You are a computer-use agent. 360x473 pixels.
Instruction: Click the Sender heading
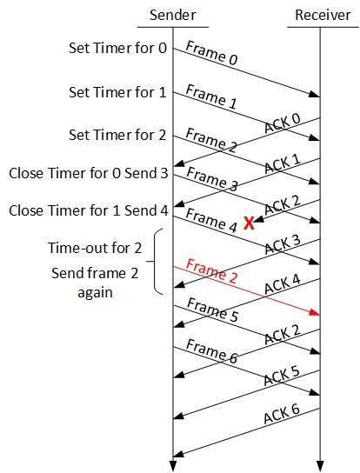[173, 15]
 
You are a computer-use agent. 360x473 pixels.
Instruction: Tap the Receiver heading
[323, 15]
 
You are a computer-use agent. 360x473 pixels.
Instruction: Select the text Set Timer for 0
[117, 48]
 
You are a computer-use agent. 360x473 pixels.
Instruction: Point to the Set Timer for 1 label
[117, 92]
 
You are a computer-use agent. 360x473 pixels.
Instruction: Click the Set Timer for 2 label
[117, 135]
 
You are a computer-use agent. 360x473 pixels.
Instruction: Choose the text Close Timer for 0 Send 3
[89, 173]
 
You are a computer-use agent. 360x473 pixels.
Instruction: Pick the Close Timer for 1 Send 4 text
[89, 210]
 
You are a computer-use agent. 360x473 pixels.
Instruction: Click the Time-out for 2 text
[95, 248]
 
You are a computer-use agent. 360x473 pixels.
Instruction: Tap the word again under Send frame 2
[95, 293]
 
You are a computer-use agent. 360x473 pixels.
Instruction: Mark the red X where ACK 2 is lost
[249, 223]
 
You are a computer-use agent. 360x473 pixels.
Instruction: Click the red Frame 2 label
[212, 271]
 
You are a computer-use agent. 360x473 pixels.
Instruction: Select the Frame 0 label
[212, 53]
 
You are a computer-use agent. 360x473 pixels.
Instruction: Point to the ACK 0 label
[283, 123]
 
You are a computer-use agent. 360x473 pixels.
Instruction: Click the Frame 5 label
[212, 310]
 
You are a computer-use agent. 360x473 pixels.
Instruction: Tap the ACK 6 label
[282, 414]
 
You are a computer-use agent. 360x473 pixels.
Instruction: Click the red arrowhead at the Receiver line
[315, 313]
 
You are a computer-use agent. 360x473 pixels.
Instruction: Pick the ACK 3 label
[283, 244]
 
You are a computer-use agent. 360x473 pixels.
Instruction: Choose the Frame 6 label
[212, 351]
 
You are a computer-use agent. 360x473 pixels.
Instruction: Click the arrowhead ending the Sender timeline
[173, 466]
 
